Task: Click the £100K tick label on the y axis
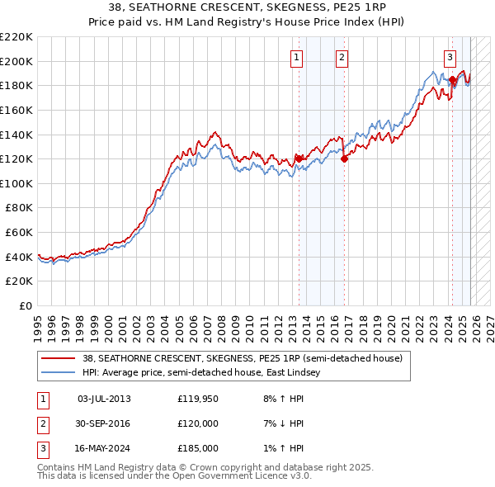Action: (16, 183)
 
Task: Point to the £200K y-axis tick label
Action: (16, 61)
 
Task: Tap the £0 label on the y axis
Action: (26, 305)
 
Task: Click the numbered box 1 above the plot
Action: (296, 57)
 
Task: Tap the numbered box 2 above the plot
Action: (342, 57)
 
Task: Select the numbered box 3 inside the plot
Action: (450, 57)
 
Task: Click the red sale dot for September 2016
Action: (344, 159)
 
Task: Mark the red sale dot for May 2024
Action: (452, 80)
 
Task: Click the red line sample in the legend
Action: (59, 359)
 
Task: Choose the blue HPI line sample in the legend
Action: (59, 373)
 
